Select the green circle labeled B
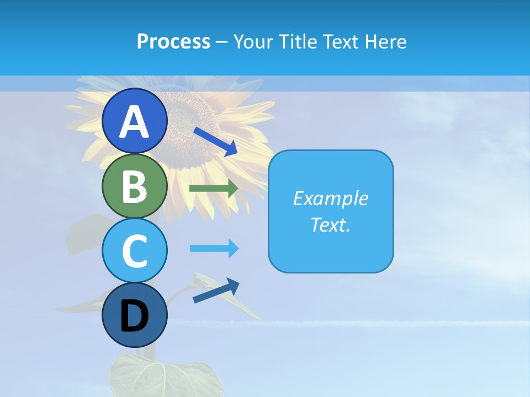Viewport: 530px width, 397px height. (x=135, y=186)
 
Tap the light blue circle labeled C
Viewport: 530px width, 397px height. (x=135, y=250)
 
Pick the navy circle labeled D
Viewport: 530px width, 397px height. (x=135, y=315)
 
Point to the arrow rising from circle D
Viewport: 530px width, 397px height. (x=216, y=291)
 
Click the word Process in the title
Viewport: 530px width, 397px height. (x=173, y=41)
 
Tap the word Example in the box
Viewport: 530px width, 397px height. (x=331, y=198)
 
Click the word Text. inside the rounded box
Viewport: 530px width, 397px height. (x=331, y=224)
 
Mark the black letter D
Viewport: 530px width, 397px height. (x=135, y=317)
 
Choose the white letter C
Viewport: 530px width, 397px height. (x=135, y=251)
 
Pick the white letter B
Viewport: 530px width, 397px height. (x=135, y=187)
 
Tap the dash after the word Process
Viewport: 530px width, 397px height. (x=222, y=42)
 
